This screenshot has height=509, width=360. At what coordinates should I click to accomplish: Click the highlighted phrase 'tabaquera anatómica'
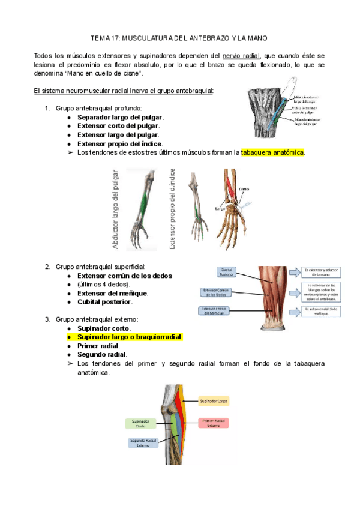pyautogui.click(x=272, y=152)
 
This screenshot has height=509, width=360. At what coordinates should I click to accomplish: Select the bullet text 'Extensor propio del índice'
pyautogui.click(x=120, y=144)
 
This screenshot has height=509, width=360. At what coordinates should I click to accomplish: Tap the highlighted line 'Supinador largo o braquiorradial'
pyautogui.click(x=129, y=337)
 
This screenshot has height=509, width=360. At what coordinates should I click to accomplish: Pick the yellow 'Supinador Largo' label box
pyautogui.click(x=214, y=400)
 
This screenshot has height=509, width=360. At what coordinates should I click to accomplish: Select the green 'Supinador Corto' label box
pyautogui.click(x=141, y=423)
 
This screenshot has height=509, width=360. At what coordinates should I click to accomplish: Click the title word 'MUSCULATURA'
pyautogui.click(x=148, y=38)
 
